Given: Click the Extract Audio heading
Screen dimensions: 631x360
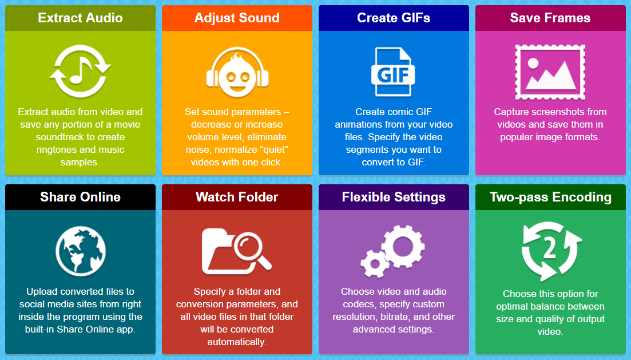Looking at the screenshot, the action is (x=80, y=18).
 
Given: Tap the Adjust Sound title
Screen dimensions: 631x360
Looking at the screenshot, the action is (x=237, y=18).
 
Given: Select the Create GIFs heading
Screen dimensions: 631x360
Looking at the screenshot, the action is (x=394, y=18).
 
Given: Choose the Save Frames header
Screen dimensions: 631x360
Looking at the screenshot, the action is (x=550, y=18).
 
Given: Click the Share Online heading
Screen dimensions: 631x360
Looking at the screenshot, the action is (x=80, y=197).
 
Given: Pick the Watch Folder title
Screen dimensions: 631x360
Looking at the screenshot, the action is (x=237, y=197).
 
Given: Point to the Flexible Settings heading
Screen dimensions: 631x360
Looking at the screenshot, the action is (x=394, y=197).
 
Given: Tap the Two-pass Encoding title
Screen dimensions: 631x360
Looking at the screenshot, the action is (x=550, y=197).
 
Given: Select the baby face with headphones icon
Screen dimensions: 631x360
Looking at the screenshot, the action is (x=237, y=72).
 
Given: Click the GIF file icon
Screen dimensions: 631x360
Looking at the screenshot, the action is (x=393, y=72).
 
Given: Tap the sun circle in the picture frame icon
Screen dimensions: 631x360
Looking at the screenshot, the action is (x=533, y=63).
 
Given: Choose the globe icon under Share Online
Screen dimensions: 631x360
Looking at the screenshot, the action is (x=81, y=251).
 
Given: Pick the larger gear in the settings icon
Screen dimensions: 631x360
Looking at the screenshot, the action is (x=403, y=246).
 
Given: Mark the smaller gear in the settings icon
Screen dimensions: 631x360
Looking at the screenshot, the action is (x=375, y=264).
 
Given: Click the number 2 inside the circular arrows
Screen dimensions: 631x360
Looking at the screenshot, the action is (x=550, y=248).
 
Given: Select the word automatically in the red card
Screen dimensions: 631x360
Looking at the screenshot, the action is (x=237, y=342).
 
